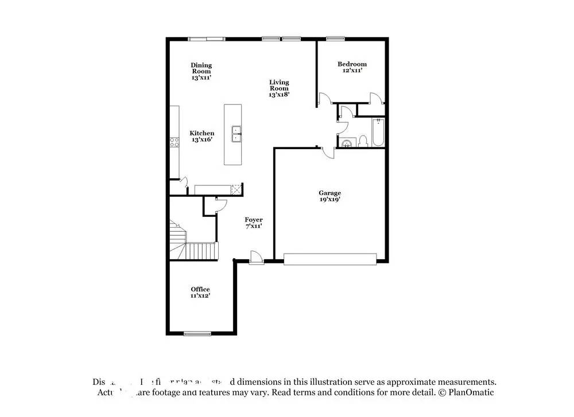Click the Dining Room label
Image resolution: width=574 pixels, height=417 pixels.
click(201, 71)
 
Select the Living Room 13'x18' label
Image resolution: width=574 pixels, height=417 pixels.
click(279, 88)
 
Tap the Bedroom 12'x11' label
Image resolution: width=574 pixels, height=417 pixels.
click(352, 67)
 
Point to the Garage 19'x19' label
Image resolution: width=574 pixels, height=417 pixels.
click(330, 196)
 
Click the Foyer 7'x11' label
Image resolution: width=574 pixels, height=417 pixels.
click(254, 223)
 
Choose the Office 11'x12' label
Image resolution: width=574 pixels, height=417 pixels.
click(200, 292)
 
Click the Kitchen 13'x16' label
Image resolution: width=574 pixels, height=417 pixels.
click(202, 136)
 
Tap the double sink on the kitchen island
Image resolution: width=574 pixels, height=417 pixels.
click(236, 134)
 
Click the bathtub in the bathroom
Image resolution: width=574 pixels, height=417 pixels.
click(378, 132)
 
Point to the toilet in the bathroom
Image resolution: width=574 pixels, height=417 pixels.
click(363, 141)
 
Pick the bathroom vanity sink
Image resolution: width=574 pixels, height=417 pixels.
click(346, 143)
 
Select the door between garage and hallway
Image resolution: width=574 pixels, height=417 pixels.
click(327, 152)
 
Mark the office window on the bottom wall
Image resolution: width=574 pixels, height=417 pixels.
click(197, 333)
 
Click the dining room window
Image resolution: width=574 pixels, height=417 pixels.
click(207, 38)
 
